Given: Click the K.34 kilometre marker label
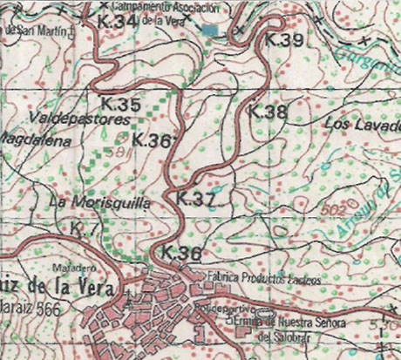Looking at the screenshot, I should (x=118, y=20).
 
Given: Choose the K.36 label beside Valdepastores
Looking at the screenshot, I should (x=153, y=140).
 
